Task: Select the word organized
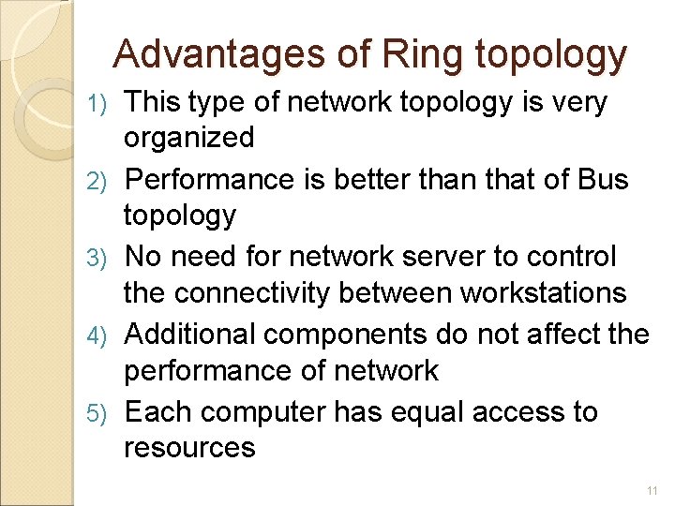pos(188,139)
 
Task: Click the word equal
pos(436,411)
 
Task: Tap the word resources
pos(189,447)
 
